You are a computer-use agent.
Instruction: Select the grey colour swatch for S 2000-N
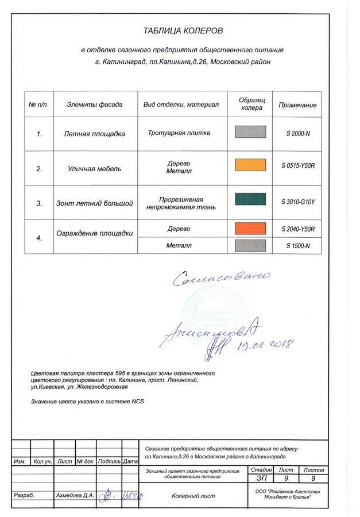[251, 132]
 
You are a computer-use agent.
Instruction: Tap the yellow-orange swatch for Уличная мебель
[251, 165]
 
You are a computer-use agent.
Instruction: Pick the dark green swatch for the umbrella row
[251, 200]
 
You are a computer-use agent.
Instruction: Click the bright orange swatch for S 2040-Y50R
[251, 228]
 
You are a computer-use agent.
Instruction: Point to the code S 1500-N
[298, 246]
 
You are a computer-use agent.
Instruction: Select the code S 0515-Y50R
[299, 166]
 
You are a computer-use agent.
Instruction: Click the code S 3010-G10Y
[299, 202]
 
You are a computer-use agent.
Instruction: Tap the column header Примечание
[297, 105]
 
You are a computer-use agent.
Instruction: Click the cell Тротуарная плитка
[179, 133]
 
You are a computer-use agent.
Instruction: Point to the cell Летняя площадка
[94, 134]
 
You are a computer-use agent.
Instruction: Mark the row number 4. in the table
[39, 237]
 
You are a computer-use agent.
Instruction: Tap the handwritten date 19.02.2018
[266, 344]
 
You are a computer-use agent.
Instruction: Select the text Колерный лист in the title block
[193, 496]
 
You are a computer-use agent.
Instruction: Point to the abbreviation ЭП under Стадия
[261, 478]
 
